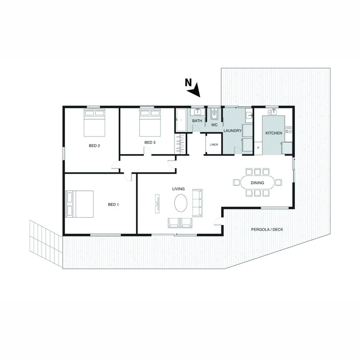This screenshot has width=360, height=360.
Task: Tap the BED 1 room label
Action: click(x=113, y=204)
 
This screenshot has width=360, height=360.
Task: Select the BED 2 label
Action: click(x=94, y=146)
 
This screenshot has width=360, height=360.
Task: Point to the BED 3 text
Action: click(x=150, y=142)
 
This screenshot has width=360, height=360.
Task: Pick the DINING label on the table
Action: click(x=258, y=183)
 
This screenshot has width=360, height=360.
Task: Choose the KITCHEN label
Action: click(x=274, y=133)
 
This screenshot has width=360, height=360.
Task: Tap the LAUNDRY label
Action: click(x=232, y=131)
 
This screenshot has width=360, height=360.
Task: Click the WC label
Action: click(x=214, y=125)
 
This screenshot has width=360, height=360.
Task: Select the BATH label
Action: click(x=197, y=121)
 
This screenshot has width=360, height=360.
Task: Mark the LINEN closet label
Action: click(x=214, y=144)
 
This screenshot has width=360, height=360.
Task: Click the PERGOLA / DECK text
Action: click(x=265, y=230)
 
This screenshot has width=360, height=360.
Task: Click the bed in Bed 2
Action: click(x=94, y=123)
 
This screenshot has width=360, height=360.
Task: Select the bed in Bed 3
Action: click(x=150, y=123)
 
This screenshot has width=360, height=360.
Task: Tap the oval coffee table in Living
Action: click(x=180, y=203)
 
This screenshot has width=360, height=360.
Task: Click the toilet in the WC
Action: click(x=214, y=115)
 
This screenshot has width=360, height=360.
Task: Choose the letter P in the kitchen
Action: click(x=258, y=148)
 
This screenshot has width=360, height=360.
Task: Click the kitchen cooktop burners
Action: click(x=289, y=130)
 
